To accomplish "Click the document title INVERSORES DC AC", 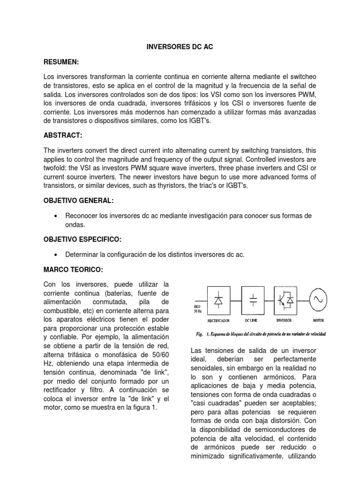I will pyautogui.click(x=180, y=47).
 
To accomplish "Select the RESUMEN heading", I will pyautogui.click(x=61, y=62).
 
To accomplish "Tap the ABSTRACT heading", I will pyautogui.click(x=63, y=135).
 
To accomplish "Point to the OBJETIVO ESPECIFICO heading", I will pyautogui.click(x=82, y=240).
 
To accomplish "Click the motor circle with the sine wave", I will pyautogui.click(x=318, y=300).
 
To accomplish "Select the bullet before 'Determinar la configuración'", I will pyautogui.click(x=56, y=255).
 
